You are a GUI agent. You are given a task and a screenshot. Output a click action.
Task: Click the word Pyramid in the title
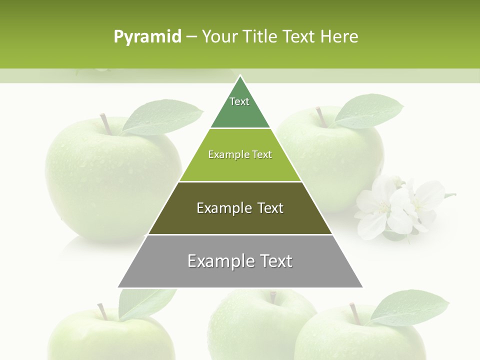[147, 37]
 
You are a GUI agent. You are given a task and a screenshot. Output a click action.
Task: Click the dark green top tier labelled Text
[240, 107]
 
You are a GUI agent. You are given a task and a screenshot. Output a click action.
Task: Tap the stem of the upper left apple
[105, 123]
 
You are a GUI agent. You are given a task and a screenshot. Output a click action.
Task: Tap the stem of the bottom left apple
[102, 311]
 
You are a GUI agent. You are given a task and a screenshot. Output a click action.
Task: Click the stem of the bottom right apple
[355, 312]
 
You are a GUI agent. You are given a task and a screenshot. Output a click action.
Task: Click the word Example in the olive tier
[218, 208]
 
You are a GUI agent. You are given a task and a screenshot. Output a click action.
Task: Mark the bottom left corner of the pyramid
[118, 287]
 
